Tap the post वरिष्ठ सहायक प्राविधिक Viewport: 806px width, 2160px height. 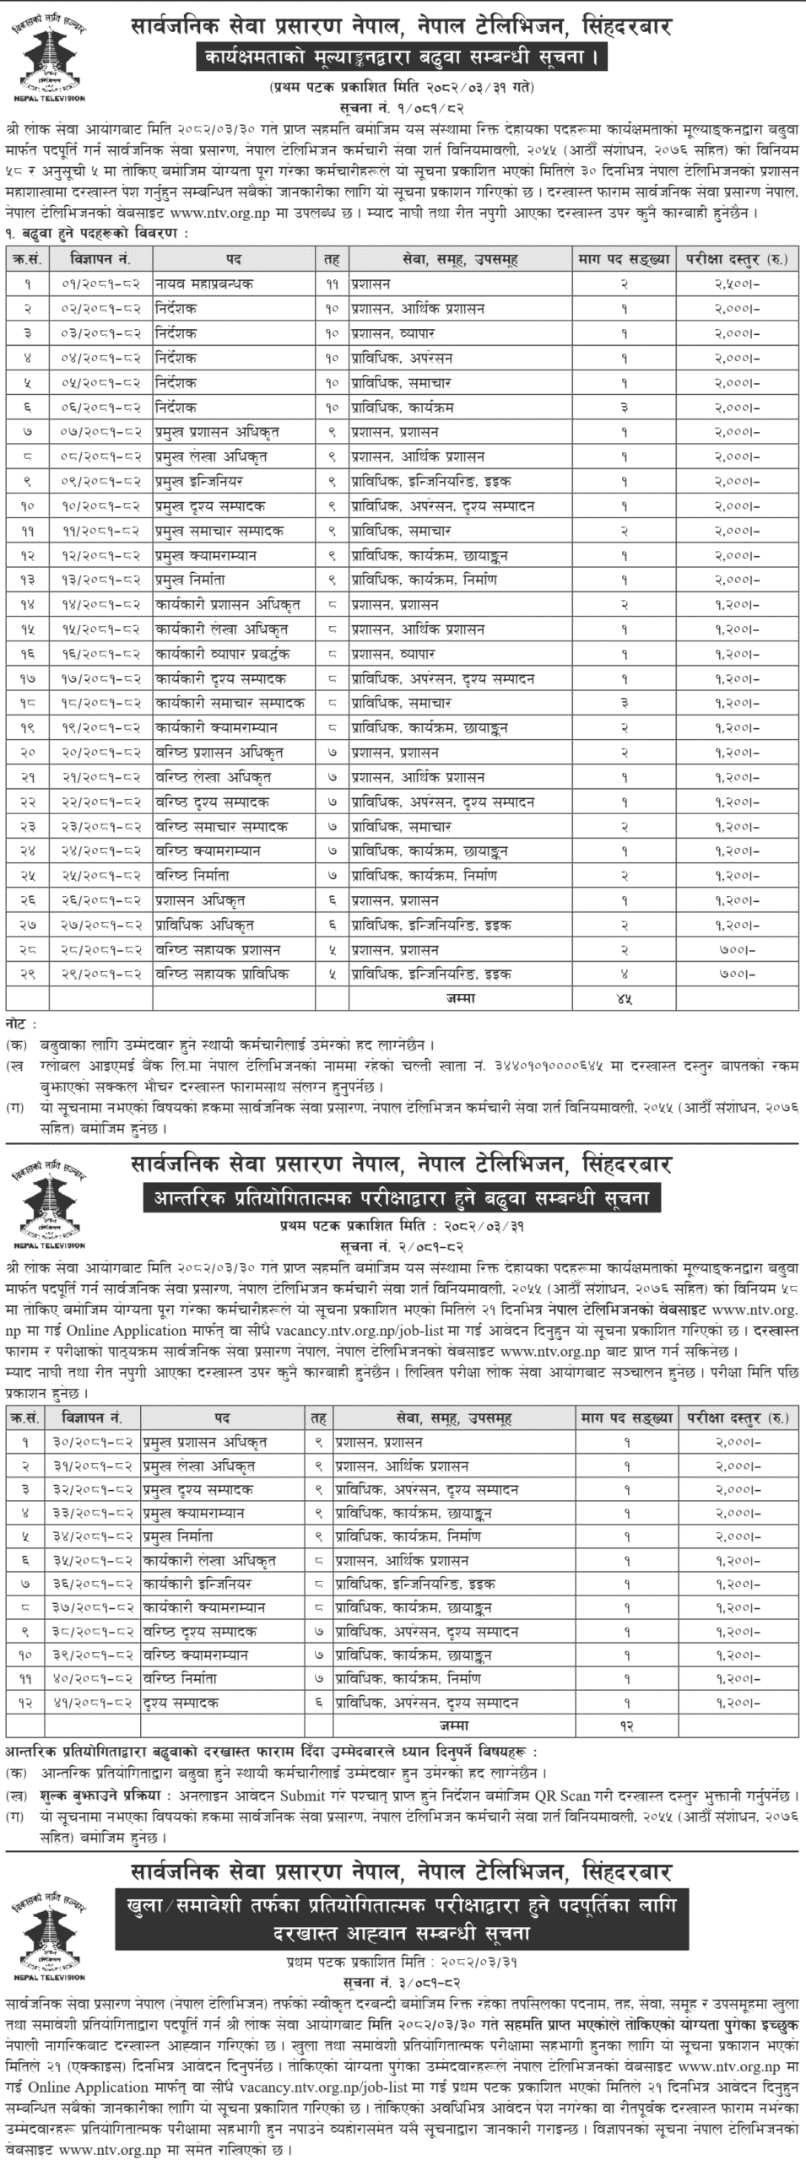coord(221,975)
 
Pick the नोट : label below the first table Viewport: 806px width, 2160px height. coord(22,1023)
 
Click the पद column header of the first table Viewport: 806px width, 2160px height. coord(234,259)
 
